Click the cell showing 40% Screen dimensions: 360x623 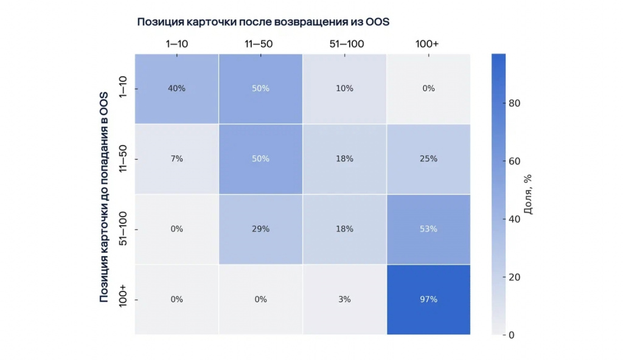pyautogui.click(x=176, y=89)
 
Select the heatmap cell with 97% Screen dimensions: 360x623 pyautogui.click(x=428, y=299)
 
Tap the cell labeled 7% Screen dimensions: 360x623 pyautogui.click(x=176, y=159)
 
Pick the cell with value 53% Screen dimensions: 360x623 pyautogui.click(x=428, y=229)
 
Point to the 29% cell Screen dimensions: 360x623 pyautogui.click(x=260, y=229)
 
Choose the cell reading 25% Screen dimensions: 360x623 pyautogui.click(x=428, y=159)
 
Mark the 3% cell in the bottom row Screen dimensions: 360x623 pyautogui.click(x=344, y=299)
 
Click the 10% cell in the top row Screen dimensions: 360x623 pyautogui.click(x=344, y=89)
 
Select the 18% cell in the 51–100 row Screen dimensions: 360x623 pyautogui.click(x=344, y=229)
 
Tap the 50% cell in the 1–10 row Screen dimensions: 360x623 pyautogui.click(x=260, y=89)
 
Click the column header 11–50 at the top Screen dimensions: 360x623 pyautogui.click(x=260, y=44)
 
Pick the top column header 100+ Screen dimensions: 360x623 pyautogui.click(x=428, y=44)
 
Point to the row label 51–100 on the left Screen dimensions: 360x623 pyautogui.click(x=124, y=229)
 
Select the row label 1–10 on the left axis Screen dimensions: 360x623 pyautogui.click(x=124, y=89)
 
